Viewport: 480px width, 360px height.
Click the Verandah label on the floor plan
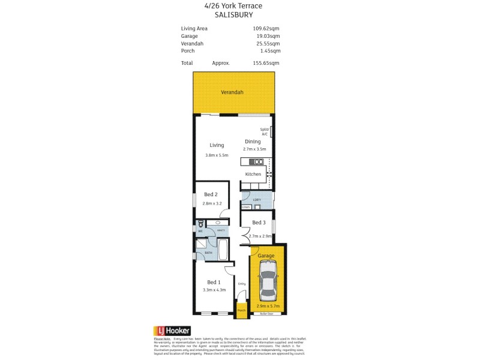point(232,92)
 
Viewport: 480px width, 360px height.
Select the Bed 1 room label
point(213,283)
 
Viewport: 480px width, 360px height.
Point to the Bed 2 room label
point(210,194)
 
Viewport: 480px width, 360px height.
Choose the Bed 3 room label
point(259,223)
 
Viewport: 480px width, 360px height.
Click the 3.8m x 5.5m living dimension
point(217,155)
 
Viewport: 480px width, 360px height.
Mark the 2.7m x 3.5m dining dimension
point(254,149)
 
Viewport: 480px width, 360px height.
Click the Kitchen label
point(253,174)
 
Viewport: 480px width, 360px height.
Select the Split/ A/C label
point(265,131)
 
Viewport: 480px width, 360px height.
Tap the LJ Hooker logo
point(173,331)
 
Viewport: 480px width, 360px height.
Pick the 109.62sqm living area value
point(266,28)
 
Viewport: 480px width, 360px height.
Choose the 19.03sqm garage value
point(268,36)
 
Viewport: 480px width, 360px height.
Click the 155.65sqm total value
point(266,63)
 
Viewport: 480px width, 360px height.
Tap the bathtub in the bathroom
point(223,249)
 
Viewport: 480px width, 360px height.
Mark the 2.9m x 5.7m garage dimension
point(267,306)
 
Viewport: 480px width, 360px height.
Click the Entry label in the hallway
point(242,284)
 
